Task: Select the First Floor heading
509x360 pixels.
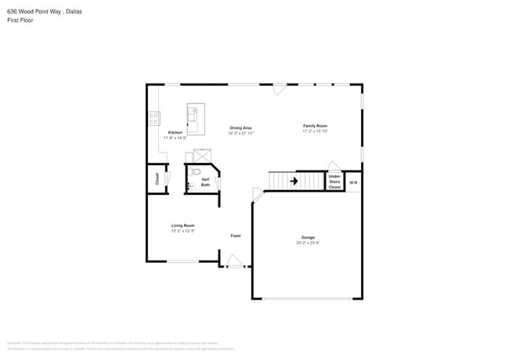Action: [20, 20]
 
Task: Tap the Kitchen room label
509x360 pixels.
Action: [175, 132]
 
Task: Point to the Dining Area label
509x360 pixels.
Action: [240, 128]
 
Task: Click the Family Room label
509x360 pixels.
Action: [315, 126]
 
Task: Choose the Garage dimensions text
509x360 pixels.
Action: [308, 243]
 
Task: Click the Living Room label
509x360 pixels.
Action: [182, 225]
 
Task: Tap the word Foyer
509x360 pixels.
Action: [235, 236]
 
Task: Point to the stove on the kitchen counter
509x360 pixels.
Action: [153, 118]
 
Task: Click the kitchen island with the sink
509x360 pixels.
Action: [196, 119]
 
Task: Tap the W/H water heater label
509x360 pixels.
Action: [353, 182]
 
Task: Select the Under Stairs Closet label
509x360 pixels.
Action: [334, 182]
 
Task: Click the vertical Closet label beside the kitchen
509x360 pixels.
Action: [157, 178]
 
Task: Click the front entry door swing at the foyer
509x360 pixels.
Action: [235, 261]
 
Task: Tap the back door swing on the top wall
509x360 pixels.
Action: [279, 90]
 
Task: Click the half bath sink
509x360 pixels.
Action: [190, 186]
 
